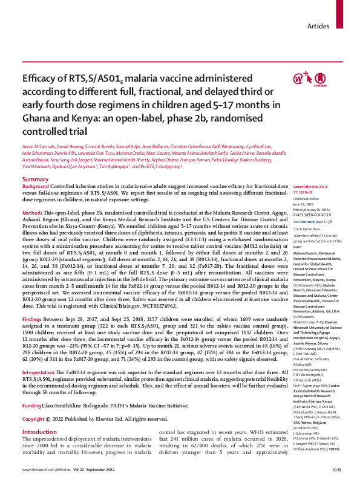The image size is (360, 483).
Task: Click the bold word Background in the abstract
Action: [x=36, y=188]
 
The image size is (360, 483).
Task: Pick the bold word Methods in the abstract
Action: [x=32, y=213]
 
